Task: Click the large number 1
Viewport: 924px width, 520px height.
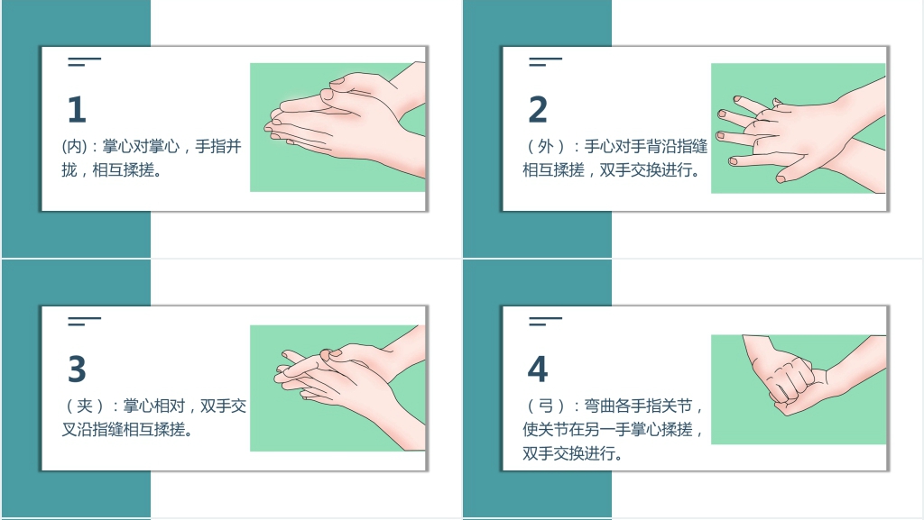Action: click(78, 109)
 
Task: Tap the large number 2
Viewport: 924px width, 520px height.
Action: click(538, 109)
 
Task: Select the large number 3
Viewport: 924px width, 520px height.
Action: click(78, 369)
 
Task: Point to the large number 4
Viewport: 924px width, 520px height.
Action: click(538, 369)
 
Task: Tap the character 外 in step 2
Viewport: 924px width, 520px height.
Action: click(546, 147)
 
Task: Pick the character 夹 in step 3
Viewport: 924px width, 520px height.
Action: click(85, 406)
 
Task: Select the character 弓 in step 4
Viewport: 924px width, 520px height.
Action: click(546, 406)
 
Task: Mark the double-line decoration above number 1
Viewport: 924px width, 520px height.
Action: click(84, 61)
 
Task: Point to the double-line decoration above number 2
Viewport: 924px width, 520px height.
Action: click(545, 61)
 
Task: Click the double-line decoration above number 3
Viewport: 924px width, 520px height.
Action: click(84, 321)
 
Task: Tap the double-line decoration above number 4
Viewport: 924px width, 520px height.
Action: click(545, 321)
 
